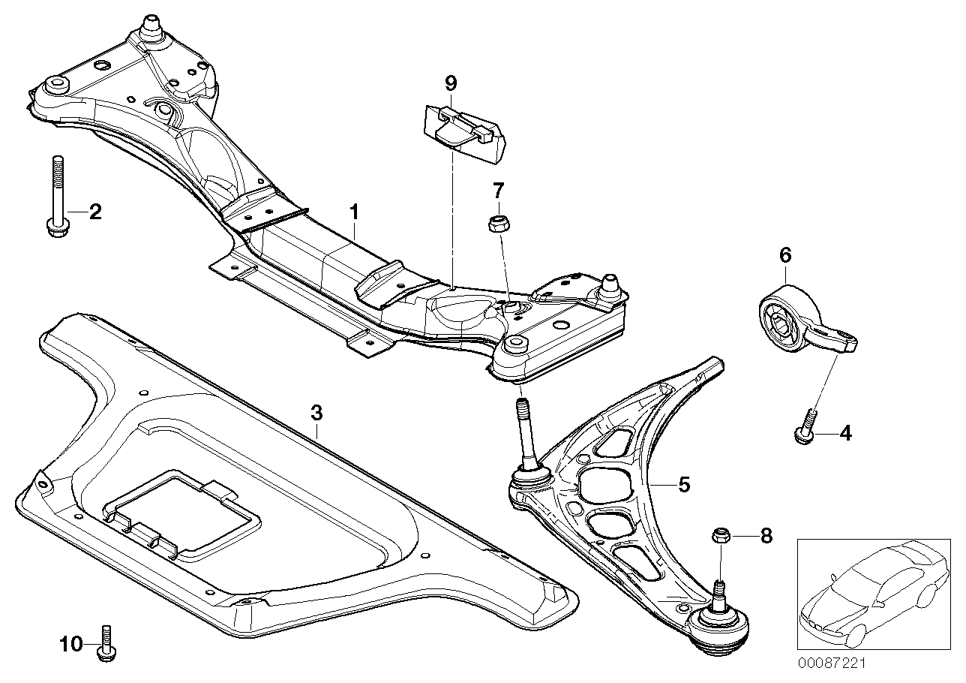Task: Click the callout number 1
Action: [x=353, y=212]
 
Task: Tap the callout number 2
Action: [x=94, y=212]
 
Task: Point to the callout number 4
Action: [x=845, y=432]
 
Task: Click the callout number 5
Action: [x=683, y=485]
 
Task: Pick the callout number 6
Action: [x=784, y=255]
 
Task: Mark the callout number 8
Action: [x=765, y=536]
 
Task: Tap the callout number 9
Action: [x=450, y=83]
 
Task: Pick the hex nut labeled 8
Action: [x=718, y=536]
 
